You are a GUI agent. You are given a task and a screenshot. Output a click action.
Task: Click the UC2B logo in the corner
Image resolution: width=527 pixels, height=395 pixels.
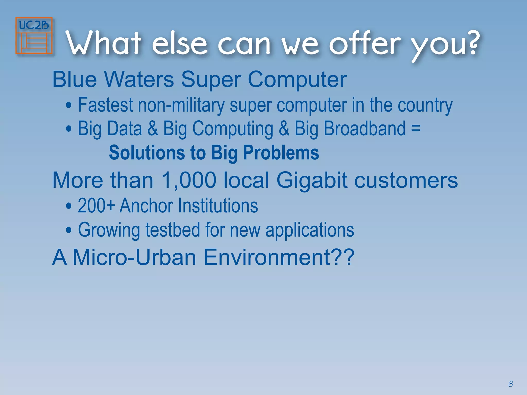[x=34, y=35]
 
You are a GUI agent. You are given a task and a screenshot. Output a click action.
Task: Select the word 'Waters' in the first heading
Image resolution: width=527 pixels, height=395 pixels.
[x=139, y=79]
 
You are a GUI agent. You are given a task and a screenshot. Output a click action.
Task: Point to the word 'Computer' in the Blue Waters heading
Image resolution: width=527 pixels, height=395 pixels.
[x=297, y=80]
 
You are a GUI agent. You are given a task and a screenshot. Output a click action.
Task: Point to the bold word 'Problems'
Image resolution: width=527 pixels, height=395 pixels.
[x=281, y=152]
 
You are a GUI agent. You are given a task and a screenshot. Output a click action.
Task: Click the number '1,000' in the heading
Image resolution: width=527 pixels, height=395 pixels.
[x=189, y=180]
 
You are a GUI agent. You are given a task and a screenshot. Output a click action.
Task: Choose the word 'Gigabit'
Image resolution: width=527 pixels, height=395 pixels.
[x=312, y=180]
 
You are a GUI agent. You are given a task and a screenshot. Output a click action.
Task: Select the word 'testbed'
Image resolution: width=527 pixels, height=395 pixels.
[x=173, y=230]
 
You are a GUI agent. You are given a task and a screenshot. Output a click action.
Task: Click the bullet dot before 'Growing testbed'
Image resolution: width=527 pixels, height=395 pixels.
[x=68, y=230]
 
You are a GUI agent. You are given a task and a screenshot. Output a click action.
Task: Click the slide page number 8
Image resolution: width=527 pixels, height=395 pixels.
[x=511, y=384]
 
